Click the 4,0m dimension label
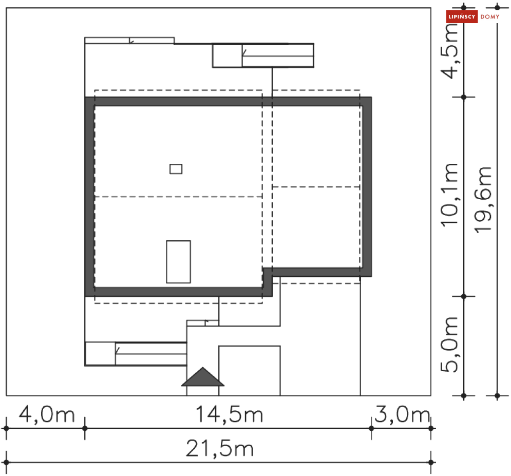pos(47,415)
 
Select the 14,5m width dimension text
pos(230,415)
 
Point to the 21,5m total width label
pos(220,449)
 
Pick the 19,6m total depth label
pos(483,200)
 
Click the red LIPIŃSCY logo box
pos(462,16)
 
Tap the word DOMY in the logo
pos(490,16)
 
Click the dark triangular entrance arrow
pos(203,377)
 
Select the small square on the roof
pos(176,169)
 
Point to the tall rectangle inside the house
pos(178,262)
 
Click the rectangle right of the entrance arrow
pos(249,371)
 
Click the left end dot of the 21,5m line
pos(6,462)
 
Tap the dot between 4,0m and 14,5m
pos(85,428)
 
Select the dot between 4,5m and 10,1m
pos(464,97)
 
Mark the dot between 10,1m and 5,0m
pos(464,296)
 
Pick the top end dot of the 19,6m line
pos(497,7)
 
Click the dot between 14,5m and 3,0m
pos(371,428)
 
